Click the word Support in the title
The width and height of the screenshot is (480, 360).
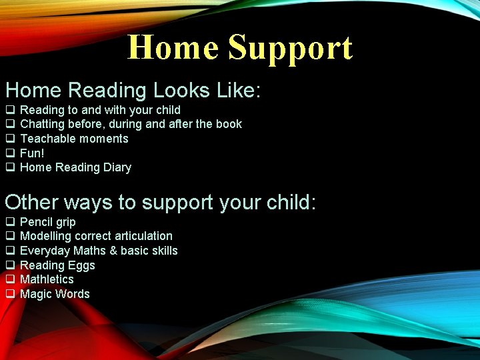(x=290, y=49)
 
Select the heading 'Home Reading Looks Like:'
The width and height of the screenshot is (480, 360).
(x=133, y=90)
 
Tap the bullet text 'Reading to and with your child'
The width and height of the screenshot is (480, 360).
(x=100, y=110)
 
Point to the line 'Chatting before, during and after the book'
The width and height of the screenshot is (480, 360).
(x=131, y=124)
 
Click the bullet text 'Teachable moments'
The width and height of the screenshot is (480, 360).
(x=74, y=139)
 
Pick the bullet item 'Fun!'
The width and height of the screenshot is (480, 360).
(x=32, y=153)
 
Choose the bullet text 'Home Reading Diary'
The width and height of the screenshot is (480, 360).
(x=75, y=167)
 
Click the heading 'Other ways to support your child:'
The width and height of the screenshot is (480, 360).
(x=160, y=202)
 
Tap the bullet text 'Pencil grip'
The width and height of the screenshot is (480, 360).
(x=48, y=222)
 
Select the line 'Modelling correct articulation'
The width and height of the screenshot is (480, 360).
(x=96, y=236)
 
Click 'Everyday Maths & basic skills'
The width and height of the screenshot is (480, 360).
(x=99, y=251)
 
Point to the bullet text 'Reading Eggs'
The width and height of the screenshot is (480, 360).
(x=57, y=265)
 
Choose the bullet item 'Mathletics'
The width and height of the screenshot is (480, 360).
(x=47, y=279)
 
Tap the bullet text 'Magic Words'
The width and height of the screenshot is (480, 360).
(x=55, y=294)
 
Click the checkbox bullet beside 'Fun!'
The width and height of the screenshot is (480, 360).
(x=10, y=153)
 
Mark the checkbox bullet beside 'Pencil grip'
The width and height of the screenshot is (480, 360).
(x=10, y=222)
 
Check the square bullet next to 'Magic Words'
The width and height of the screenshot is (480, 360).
(x=10, y=294)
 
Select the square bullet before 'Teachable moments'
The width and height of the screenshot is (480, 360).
(x=10, y=139)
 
